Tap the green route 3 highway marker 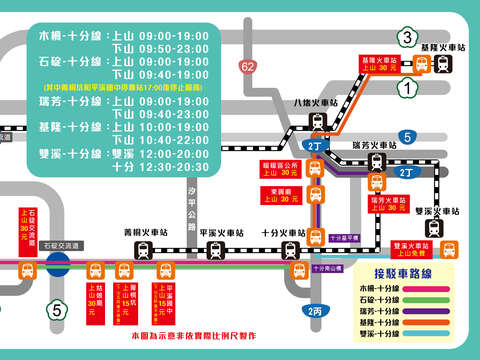pyautogui.click(x=406, y=39)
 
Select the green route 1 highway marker pyautogui.click(x=406, y=90)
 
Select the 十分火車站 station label pyautogui.click(x=291, y=229)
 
